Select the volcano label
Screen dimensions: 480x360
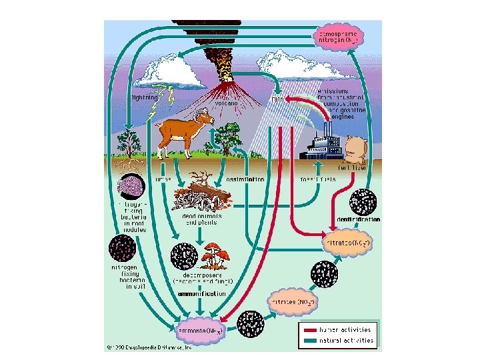pyautogui.click(x=224, y=104)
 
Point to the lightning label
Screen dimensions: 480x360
pyautogui.click(x=144, y=97)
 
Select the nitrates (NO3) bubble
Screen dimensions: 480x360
pyautogui.click(x=347, y=243)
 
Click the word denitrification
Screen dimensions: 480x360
pyautogui.click(x=359, y=219)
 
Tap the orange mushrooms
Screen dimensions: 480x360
pyautogui.click(x=215, y=254)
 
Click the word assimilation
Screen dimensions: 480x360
pyautogui.click(x=246, y=180)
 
